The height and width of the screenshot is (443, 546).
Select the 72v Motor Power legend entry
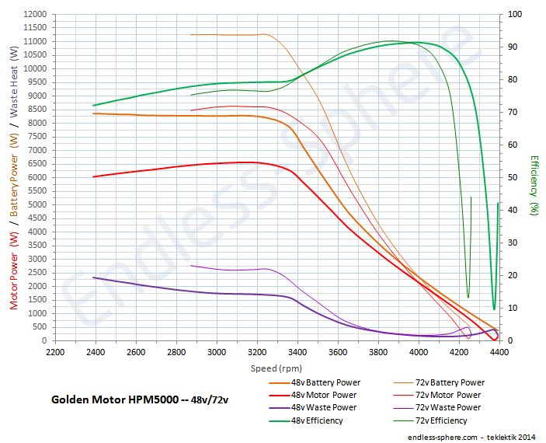coord(449,395)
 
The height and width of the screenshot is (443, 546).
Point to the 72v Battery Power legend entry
coord(450,382)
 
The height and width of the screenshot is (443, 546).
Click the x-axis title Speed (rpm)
coord(276,368)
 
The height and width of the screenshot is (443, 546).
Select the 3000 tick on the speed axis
coord(217,352)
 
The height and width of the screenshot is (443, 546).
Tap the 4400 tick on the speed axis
coord(499,352)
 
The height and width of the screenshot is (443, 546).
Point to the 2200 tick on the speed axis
coord(55,352)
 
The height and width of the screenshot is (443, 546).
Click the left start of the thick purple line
coord(93,277)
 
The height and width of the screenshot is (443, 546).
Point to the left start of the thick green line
coord(93,106)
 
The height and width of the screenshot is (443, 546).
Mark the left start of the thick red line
coord(93,177)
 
